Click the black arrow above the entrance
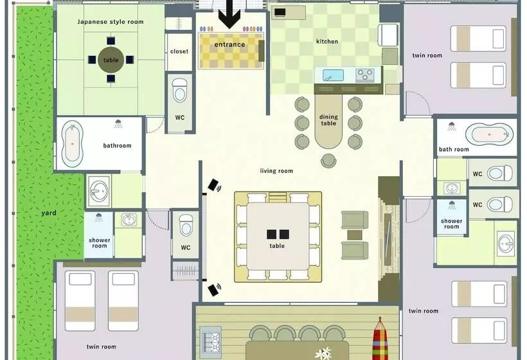click(x=229, y=14)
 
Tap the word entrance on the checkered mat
click(x=229, y=44)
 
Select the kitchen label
click(x=327, y=41)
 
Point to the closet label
click(x=179, y=51)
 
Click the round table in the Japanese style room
click(x=111, y=60)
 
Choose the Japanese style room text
click(x=111, y=22)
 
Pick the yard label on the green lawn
click(x=49, y=213)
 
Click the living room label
click(x=276, y=171)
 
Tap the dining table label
click(x=328, y=120)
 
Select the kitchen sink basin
click(x=333, y=75)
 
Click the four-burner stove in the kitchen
click(x=365, y=75)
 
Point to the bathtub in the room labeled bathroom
click(x=72, y=143)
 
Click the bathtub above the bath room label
click(x=489, y=135)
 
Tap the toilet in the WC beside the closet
click(x=180, y=91)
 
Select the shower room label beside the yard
click(x=100, y=243)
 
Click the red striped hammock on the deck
click(x=380, y=339)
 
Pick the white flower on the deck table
click(x=323, y=354)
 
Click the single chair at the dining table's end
click(x=328, y=161)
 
